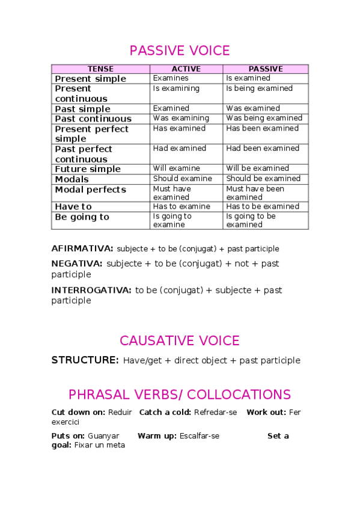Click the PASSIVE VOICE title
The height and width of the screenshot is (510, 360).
[x=180, y=50]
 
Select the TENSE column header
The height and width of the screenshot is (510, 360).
[x=100, y=69]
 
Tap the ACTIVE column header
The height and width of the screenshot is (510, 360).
[x=186, y=69]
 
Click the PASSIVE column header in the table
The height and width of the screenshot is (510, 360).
[x=265, y=69]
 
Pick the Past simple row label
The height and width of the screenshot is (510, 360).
[x=82, y=109]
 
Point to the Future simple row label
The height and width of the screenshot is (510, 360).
[x=88, y=169]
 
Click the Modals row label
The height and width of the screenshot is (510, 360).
[x=72, y=179]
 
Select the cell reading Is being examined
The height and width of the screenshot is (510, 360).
[x=259, y=88]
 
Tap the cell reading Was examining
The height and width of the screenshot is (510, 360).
[x=181, y=118]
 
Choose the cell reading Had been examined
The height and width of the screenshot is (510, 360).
[x=262, y=149]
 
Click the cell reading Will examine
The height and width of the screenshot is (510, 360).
[x=176, y=168]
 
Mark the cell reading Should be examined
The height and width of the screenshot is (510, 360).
[x=263, y=179]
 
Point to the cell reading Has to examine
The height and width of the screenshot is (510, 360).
[x=182, y=206]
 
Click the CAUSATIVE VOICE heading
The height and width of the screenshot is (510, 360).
[x=180, y=340]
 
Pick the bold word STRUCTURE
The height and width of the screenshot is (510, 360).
[x=85, y=360]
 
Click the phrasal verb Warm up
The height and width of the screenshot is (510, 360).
[x=157, y=436]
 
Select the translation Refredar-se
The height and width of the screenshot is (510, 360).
[x=216, y=412]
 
